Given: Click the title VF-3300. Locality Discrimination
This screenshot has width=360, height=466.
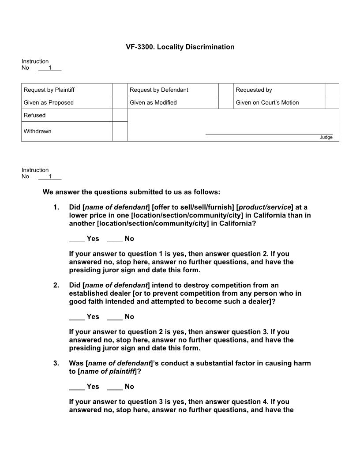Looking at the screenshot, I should click(180, 47).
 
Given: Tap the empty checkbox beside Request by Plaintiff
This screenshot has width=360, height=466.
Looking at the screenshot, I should click(120, 90).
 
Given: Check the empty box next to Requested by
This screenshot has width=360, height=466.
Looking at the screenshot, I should click(332, 90).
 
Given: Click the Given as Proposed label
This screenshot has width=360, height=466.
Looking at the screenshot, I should click(49, 102).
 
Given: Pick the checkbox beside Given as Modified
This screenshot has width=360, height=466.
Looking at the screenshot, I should click(225, 102).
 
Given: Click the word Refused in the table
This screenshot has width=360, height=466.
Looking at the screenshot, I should click(34, 115).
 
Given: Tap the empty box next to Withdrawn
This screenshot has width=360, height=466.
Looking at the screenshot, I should click(120, 132).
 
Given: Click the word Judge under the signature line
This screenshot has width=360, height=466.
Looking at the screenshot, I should click(326, 137).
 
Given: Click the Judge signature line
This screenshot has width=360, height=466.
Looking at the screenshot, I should click(269, 133).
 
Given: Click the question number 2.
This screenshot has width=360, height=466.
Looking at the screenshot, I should click(56, 285).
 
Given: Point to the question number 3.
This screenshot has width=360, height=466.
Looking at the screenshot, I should click(56, 363).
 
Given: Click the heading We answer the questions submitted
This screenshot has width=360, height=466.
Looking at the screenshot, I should click(131, 192).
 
